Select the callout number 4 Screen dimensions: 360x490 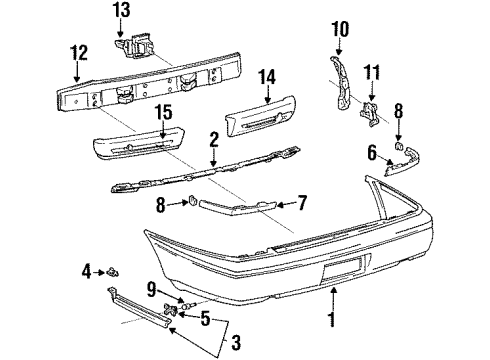pos(88,270)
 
